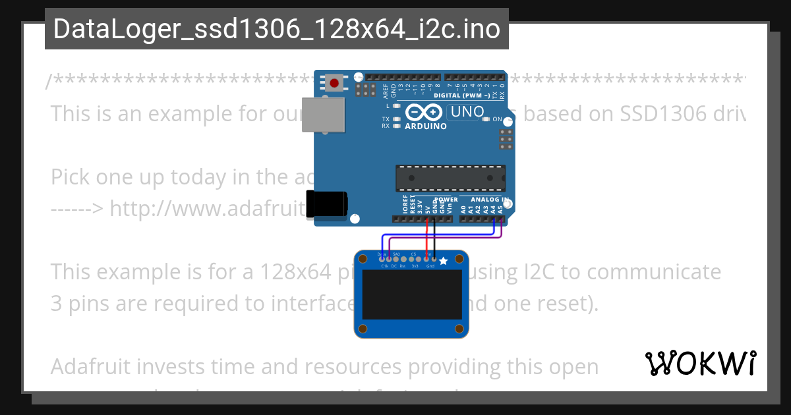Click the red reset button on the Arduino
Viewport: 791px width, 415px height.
[x=335, y=83]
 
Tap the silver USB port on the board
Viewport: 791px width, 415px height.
[x=324, y=115]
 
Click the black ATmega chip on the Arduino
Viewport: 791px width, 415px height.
[x=450, y=177]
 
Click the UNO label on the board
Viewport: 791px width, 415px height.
[x=467, y=112]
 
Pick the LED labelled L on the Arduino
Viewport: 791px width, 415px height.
[x=396, y=105]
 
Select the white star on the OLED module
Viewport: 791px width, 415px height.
[x=444, y=262]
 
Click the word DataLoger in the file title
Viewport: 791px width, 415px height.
[x=115, y=29]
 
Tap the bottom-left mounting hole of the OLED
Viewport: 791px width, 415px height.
[x=363, y=327]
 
